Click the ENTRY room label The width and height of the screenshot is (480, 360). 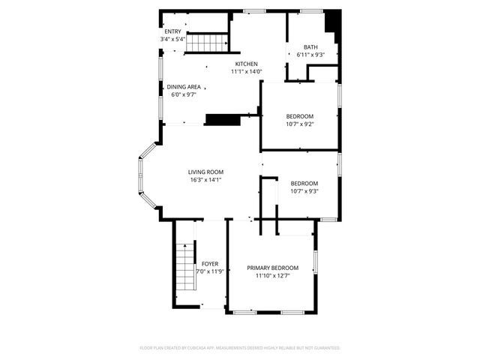coord(172,31)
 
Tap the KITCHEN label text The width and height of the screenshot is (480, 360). coord(247,64)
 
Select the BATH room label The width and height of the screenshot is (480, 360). coord(310,47)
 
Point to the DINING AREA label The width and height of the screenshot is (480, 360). coord(184,87)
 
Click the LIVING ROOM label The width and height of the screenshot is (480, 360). coord(205,172)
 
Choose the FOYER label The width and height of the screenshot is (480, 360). coord(209,264)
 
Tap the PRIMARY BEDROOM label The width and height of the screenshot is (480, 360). coord(273,268)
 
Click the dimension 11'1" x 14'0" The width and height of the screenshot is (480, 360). coord(247,72)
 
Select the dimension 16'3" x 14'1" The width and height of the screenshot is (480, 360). coord(205,180)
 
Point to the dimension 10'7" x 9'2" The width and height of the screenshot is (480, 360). coord(300,124)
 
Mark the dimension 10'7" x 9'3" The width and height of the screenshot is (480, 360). coord(304,191)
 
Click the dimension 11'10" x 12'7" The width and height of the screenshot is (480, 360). coord(273,276)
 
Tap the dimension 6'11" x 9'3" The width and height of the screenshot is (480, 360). coord(310,55)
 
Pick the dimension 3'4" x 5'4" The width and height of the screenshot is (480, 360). coord(172,39)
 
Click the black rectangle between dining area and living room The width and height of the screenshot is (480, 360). coord(221,118)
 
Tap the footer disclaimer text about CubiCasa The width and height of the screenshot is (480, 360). coord(240,348)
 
